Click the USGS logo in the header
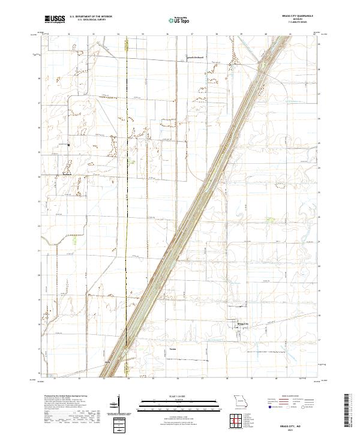tap(55, 20)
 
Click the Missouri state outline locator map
tap(241, 400)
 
